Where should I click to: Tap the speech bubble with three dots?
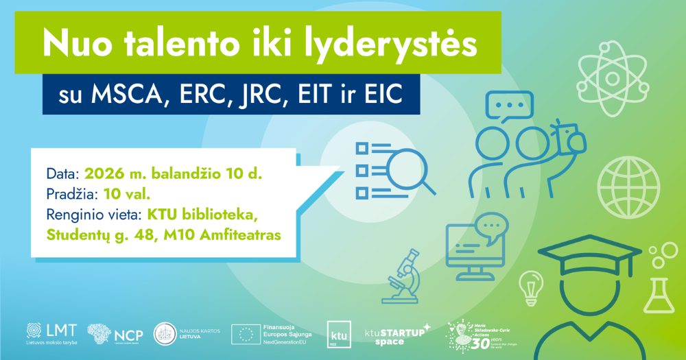click(509, 108)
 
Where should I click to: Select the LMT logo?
click(52, 333)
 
